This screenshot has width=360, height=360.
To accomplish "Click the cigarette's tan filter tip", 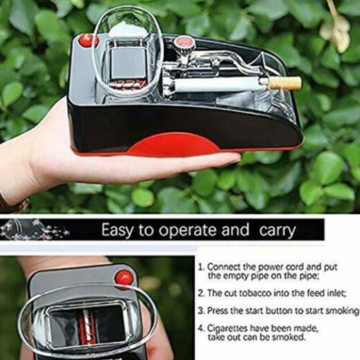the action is click(284, 83).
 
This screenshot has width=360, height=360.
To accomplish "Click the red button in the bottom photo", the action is click(124, 277).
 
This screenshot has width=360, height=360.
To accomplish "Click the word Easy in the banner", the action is click(117, 230).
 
